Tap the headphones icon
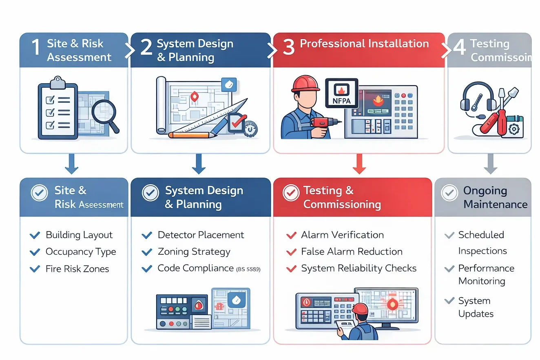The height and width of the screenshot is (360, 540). pyautogui.click(x=478, y=98)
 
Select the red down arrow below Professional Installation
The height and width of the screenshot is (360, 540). pyautogui.click(x=359, y=164)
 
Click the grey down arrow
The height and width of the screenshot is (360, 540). pyautogui.click(x=490, y=164)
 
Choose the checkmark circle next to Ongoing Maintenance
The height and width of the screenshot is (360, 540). pyautogui.click(x=449, y=193)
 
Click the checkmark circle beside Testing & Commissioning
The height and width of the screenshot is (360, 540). pyautogui.click(x=291, y=193)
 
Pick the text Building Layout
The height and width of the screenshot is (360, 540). pyautogui.click(x=79, y=235)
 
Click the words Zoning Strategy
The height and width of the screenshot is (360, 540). pyautogui.click(x=194, y=252)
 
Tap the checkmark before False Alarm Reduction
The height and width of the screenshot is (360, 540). pyautogui.click(x=291, y=252)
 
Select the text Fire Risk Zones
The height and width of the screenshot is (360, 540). pyautogui.click(x=77, y=269)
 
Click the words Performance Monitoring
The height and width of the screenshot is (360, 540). pyautogui.click(x=486, y=274)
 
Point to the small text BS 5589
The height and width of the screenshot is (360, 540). pyautogui.click(x=248, y=269)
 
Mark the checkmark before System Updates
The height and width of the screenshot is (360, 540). pyautogui.click(x=449, y=301)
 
